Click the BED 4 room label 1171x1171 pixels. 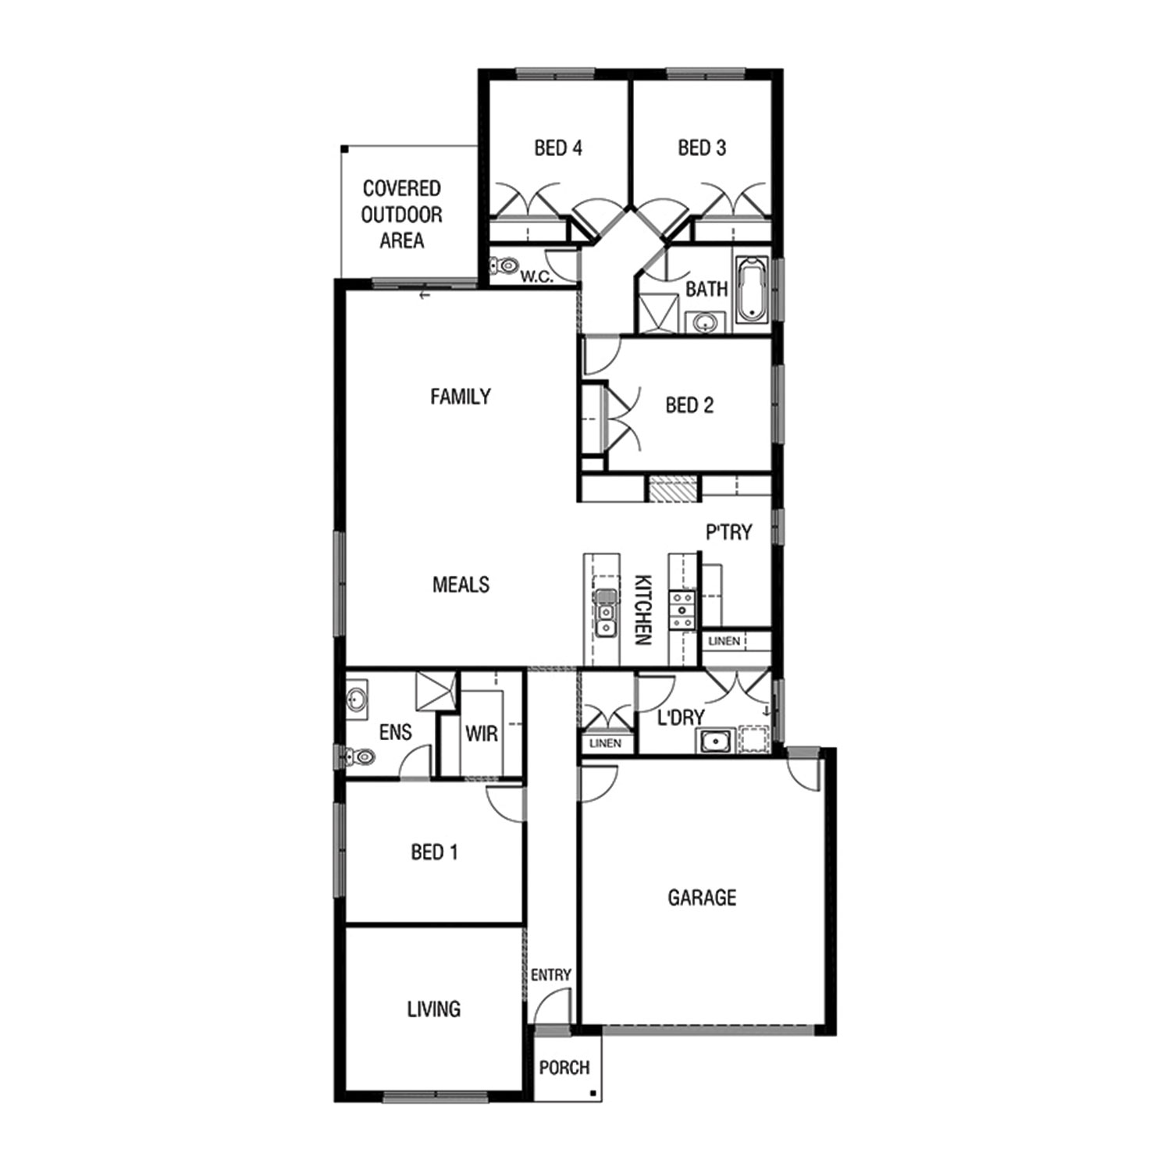pos(558,148)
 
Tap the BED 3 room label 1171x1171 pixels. pos(702,148)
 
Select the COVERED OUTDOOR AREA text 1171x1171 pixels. pos(402,215)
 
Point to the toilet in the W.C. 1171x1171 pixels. pos(504,266)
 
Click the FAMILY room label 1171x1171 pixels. pos(461,397)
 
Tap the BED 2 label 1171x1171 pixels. pos(689,405)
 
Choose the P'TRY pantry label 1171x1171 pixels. pos(729,532)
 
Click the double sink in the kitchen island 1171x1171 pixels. pos(605,613)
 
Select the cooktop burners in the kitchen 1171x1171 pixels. pos(682,610)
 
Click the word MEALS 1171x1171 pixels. pos(461,585)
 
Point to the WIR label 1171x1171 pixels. pos(481,734)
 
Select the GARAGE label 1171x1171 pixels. pos(702,898)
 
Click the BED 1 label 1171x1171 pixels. pos(434,852)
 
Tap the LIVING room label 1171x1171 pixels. pos(434,1009)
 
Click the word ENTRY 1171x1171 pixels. pos(551,975)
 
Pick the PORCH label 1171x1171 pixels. pos(564,1067)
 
